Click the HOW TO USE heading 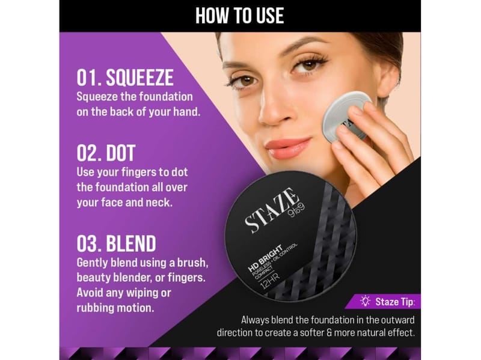pyautogui.click(x=239, y=16)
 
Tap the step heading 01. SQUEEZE pyautogui.click(x=125, y=78)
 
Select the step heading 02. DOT pyautogui.click(x=106, y=153)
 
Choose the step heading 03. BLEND pyautogui.click(x=116, y=244)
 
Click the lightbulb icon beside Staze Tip pyautogui.click(x=365, y=301)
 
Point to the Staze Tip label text pyautogui.click(x=395, y=302)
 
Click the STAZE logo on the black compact pyautogui.click(x=272, y=210)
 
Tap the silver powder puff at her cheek pyautogui.click(x=345, y=116)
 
